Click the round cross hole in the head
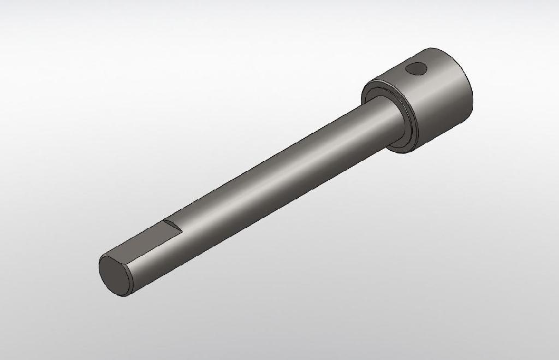[x=417, y=68]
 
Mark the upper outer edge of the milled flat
[x=136, y=236]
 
